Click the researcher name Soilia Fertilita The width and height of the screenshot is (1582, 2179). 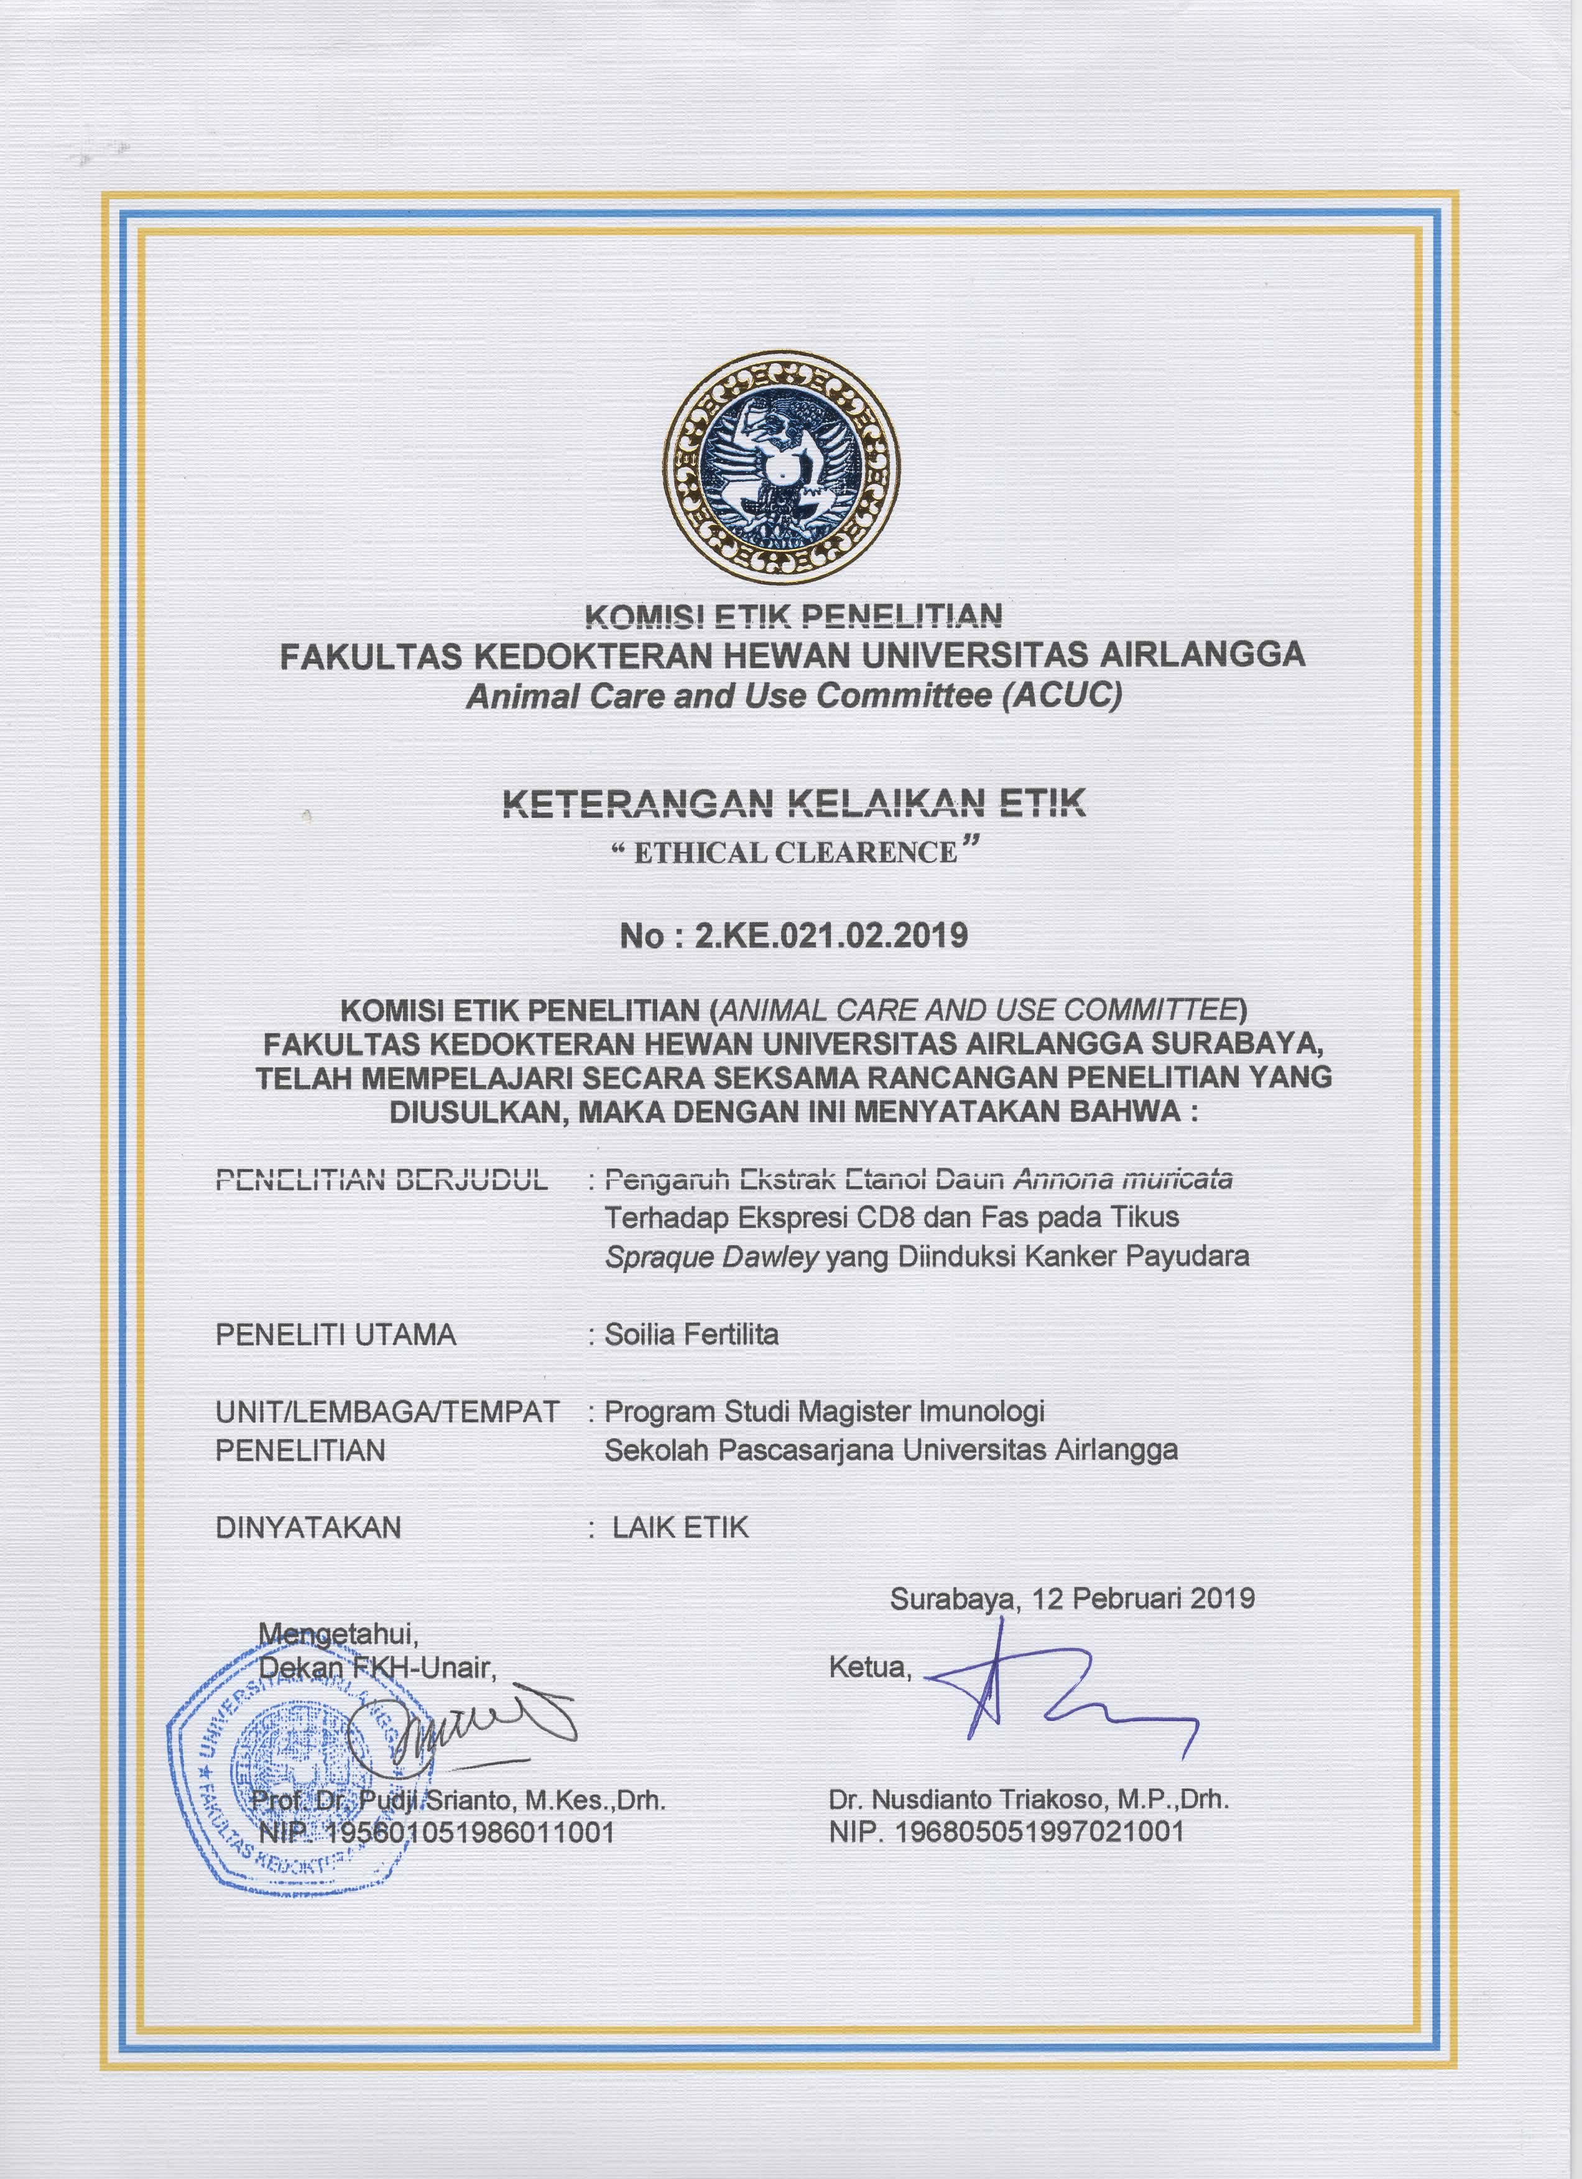(x=691, y=1335)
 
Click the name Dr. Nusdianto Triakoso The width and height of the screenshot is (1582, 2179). (x=970, y=1800)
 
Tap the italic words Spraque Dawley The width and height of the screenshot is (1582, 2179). (x=711, y=1257)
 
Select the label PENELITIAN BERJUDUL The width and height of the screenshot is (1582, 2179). (x=381, y=1179)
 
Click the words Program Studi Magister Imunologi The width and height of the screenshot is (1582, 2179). (x=824, y=1412)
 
